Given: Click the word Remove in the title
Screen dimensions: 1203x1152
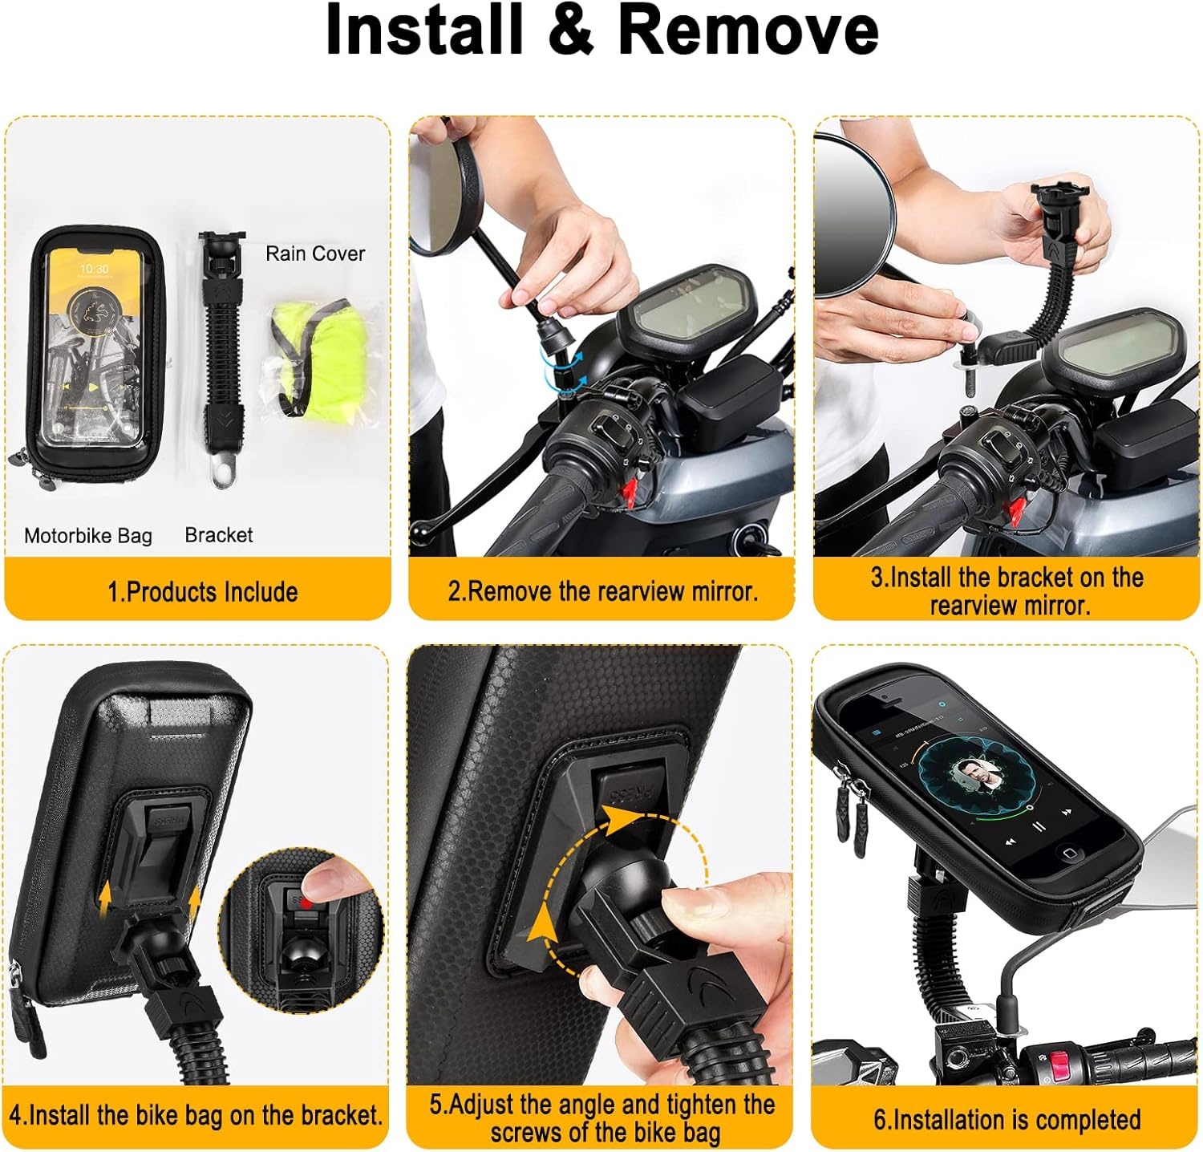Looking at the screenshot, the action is coord(749,30).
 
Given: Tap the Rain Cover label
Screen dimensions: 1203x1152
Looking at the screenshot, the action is coord(315,254).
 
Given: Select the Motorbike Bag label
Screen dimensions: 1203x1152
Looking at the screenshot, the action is coord(88,536).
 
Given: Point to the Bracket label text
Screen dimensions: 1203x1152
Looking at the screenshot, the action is coord(219,535).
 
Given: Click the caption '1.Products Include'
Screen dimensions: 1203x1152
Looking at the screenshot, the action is coord(203,592).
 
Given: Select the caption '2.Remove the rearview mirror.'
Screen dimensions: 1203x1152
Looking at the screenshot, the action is coord(603,591).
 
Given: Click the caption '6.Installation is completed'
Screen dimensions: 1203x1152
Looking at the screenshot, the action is coord(1007,1119).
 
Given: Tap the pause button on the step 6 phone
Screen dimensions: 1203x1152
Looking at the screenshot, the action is coord(1038,825).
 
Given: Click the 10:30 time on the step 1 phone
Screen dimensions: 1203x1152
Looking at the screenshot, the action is coord(94,270).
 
